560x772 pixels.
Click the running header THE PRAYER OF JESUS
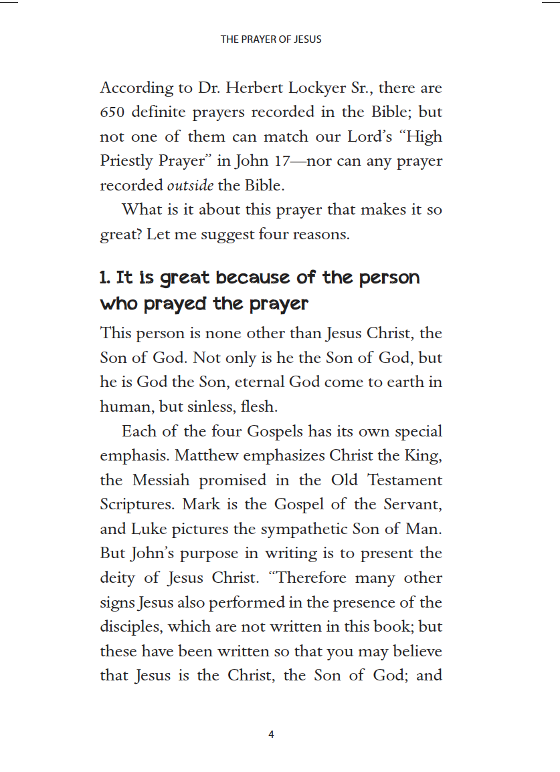coord(271,39)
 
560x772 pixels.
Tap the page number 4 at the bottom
coord(271,735)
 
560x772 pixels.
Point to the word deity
coord(118,578)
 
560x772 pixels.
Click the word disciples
coord(130,627)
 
